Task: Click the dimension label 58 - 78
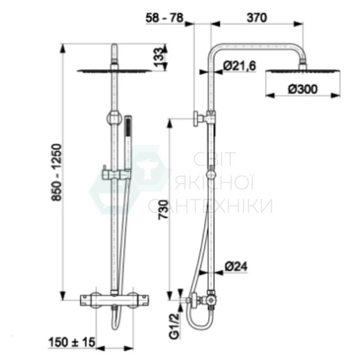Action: click(164, 18)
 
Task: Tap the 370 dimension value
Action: click(257, 18)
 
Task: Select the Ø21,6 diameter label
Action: click(240, 66)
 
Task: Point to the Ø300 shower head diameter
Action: click(303, 89)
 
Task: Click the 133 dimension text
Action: click(159, 57)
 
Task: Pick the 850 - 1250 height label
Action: click(57, 172)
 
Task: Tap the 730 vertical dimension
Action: click(163, 210)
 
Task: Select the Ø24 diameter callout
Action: click(236, 266)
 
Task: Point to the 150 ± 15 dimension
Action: click(72, 342)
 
